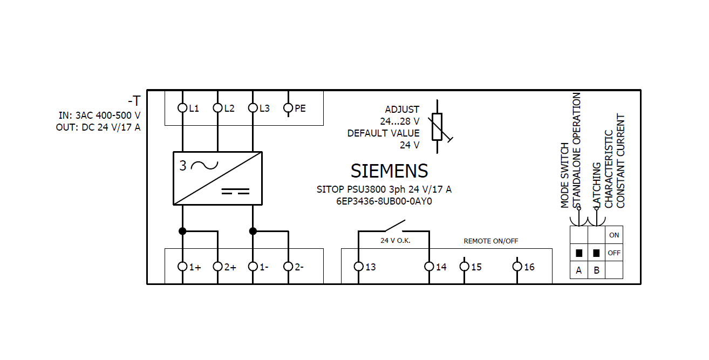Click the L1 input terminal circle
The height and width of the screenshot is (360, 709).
(x=182, y=108)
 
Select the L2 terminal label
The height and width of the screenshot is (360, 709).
(x=229, y=108)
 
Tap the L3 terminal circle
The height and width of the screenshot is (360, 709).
(x=253, y=108)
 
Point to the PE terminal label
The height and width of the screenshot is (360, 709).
(x=300, y=108)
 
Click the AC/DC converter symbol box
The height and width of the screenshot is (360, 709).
(x=217, y=178)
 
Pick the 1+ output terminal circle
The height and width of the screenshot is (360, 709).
(x=182, y=267)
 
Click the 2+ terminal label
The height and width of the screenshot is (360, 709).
(x=230, y=267)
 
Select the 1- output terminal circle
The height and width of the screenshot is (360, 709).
(x=253, y=267)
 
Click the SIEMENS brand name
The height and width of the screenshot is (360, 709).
(x=389, y=171)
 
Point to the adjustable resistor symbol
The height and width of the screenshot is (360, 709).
(x=438, y=127)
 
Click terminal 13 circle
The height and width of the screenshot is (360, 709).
(x=358, y=267)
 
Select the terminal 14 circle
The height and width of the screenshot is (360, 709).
(x=429, y=267)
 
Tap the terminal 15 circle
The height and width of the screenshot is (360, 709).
(x=464, y=267)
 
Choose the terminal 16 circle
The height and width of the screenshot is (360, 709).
(x=517, y=267)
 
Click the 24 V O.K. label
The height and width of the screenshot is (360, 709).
(x=396, y=241)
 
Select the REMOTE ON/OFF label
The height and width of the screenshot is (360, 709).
(x=491, y=241)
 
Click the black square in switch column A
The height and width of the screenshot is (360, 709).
(x=579, y=253)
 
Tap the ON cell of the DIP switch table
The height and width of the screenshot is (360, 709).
(x=614, y=235)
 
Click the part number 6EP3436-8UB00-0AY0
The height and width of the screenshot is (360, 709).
(x=384, y=201)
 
